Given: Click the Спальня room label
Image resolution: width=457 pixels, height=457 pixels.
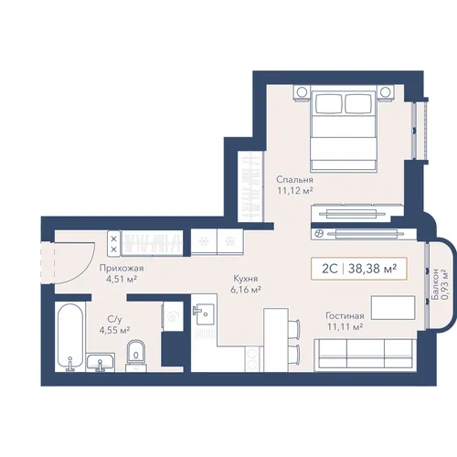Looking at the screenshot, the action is pyautogui.click(x=294, y=179).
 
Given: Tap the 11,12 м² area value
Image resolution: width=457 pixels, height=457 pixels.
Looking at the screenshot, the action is pyautogui.click(x=295, y=191).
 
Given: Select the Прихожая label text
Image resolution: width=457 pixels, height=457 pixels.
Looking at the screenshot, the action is pyautogui.click(x=122, y=269).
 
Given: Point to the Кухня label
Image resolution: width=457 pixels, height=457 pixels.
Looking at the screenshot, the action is pyautogui.click(x=246, y=279).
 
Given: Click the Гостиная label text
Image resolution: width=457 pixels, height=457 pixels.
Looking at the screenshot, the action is pyautogui.click(x=345, y=315).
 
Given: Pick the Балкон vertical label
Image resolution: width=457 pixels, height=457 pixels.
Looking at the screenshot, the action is pyautogui.click(x=435, y=284).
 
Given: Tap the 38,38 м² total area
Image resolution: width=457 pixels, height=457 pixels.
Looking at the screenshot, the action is pyautogui.click(x=372, y=269).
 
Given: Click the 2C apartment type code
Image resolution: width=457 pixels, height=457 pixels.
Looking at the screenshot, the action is pyautogui.click(x=330, y=269).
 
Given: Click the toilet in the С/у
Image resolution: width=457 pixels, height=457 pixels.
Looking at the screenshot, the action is pyautogui.click(x=136, y=356).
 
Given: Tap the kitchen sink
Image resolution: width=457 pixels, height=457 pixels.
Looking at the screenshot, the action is pyautogui.click(x=205, y=314).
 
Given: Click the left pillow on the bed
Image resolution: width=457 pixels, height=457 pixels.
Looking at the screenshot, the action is pyautogui.click(x=329, y=103).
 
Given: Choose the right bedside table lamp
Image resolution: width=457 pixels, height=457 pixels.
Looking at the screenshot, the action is pyautogui.click(x=385, y=91).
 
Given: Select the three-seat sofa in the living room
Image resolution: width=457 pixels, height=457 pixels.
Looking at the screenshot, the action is pyautogui.click(x=366, y=355).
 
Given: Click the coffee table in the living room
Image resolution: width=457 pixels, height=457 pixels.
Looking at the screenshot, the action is pyautogui.click(x=393, y=307).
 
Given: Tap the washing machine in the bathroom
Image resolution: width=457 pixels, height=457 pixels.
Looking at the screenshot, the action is pyautogui.click(x=173, y=317).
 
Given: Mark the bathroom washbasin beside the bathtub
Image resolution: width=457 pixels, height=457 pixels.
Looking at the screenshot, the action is pyautogui.click(x=101, y=362).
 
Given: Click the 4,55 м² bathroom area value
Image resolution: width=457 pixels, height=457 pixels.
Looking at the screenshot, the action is pyautogui.click(x=114, y=330).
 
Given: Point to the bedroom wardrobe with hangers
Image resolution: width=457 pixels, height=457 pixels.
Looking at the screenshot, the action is pyautogui.click(x=250, y=186).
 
